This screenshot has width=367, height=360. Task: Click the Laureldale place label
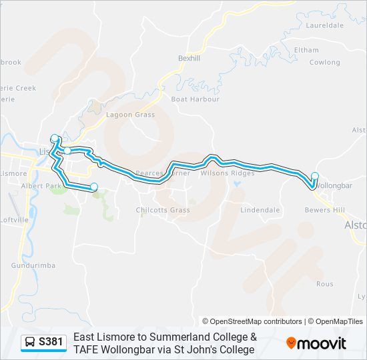(324, 25)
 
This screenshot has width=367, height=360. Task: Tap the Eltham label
(306, 50)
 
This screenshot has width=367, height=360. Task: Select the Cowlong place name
(324, 63)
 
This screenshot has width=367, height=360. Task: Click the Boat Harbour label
(195, 99)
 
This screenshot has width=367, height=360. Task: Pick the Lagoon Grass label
(130, 115)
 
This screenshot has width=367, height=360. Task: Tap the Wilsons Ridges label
(228, 173)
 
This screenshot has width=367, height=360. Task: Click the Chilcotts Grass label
(163, 211)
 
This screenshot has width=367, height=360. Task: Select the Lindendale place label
(260, 210)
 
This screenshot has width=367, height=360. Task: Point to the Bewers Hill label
(324, 210)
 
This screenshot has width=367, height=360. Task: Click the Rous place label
(324, 284)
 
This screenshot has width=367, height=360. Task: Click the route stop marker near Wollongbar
(315, 177)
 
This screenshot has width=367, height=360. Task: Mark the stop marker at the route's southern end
(94, 187)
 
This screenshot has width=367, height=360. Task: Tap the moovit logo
(316, 343)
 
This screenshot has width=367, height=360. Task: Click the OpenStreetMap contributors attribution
(252, 321)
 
